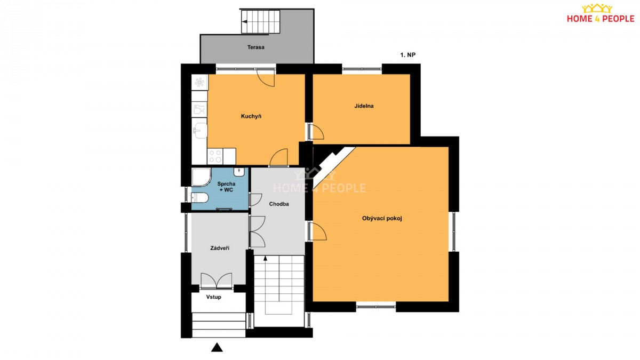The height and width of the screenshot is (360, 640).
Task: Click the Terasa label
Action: [255, 47]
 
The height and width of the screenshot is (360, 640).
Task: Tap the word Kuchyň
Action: [251, 116]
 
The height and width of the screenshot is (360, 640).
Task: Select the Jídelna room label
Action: [364, 106]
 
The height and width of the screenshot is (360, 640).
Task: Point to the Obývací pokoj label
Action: [382, 219]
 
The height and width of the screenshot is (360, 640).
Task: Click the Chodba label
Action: [279, 204]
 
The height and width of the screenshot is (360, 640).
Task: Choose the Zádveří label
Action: [220, 249]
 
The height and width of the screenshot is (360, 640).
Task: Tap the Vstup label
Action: [214, 297]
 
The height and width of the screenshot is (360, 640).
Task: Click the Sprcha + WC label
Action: [226, 187]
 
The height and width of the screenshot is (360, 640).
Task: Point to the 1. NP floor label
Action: [407, 55]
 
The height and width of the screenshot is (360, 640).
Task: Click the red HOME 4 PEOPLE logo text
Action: [601, 19]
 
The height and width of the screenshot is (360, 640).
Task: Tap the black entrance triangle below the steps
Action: [217, 347]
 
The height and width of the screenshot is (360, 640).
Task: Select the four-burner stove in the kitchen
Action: [215, 156]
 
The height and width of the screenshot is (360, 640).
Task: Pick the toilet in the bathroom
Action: [199, 197]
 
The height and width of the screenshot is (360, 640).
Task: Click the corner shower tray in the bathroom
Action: [201, 177]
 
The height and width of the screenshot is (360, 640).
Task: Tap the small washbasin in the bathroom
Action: [239, 172]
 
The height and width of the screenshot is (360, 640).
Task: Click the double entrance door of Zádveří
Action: [217, 281]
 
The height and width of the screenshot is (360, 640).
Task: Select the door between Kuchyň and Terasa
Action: [266, 77]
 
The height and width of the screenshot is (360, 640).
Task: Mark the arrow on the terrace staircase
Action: [245, 21]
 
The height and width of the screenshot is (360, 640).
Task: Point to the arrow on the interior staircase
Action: [265, 258]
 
